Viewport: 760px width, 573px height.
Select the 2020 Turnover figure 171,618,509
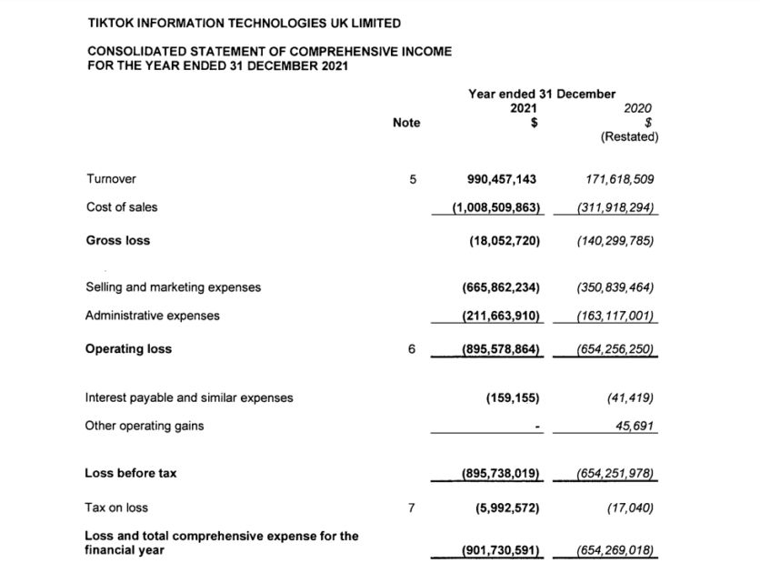(x=615, y=179)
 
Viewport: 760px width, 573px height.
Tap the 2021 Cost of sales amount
(x=496, y=207)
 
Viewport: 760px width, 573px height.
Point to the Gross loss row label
(x=118, y=240)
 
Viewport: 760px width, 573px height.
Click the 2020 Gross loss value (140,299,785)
(x=615, y=241)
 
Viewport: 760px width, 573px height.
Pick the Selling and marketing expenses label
(x=173, y=287)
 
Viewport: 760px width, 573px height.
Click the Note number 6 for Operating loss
(x=412, y=349)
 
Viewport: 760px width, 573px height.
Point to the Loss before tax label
(x=131, y=473)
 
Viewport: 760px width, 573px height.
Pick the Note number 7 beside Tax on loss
(x=412, y=508)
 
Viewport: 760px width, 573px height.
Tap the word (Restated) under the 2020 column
(x=629, y=137)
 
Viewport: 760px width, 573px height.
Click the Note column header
(x=406, y=123)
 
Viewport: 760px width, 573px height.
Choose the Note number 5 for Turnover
(x=412, y=179)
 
